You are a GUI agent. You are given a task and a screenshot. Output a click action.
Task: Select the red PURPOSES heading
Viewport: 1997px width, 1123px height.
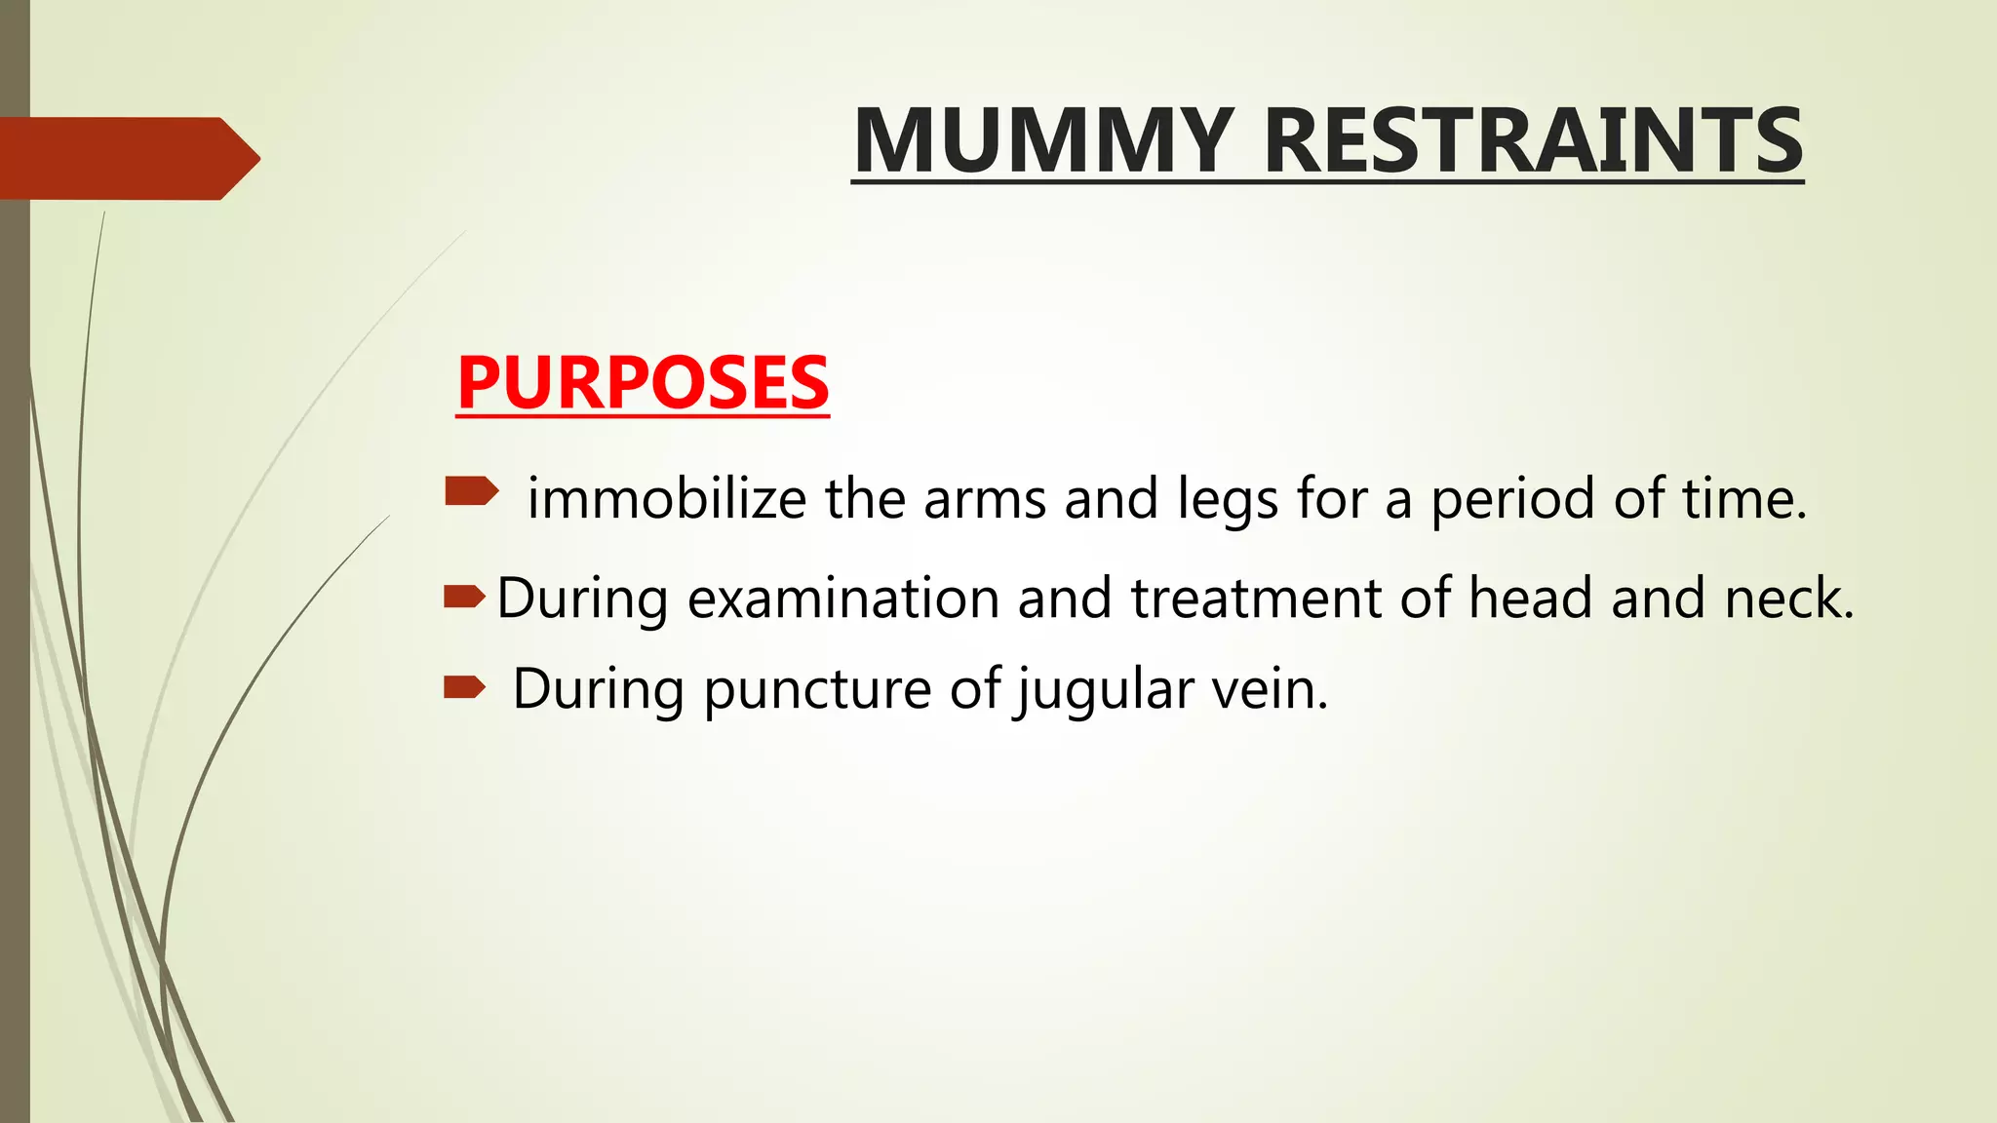tap(643, 382)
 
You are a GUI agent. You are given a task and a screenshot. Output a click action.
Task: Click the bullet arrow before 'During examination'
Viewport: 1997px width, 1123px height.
tap(464, 596)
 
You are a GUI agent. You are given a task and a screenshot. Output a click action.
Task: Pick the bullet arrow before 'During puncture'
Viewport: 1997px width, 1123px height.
tap(464, 688)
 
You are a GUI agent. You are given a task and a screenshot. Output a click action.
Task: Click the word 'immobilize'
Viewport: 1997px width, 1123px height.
tap(666, 499)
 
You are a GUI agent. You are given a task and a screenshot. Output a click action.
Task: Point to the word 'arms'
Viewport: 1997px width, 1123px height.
tap(984, 499)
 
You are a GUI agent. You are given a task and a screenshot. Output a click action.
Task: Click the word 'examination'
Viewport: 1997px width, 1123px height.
tap(842, 599)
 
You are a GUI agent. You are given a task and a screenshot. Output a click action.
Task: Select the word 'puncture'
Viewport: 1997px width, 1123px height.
tap(817, 690)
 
